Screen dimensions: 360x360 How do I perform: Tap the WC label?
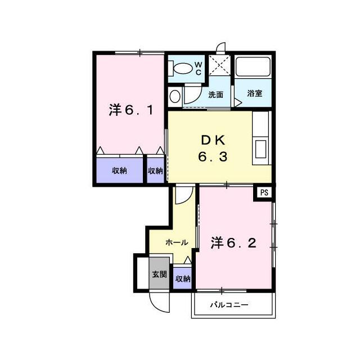coord(198,68)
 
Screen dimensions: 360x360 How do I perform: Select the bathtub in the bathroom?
coord(253,66)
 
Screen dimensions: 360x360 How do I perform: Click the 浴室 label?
coord(255,94)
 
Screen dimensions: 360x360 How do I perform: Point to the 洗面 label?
coord(215,94)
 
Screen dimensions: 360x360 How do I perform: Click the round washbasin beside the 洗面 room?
coord(175,96)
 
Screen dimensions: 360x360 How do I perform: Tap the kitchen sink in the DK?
coord(260,149)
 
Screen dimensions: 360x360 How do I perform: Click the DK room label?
coord(213,141)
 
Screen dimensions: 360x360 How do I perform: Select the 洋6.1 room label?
coord(131,110)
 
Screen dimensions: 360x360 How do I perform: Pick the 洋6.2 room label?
coord(233,243)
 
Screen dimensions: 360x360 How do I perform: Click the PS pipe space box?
coord(264,192)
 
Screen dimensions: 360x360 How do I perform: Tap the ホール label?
coord(177,242)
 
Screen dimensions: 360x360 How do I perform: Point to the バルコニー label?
coord(229,305)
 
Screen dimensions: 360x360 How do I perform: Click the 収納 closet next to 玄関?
coord(182,278)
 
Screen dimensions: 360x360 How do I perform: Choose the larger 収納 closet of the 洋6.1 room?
coord(119,170)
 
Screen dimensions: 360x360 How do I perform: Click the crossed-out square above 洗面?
coord(220,65)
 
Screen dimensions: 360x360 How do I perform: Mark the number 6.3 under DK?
coord(213,157)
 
